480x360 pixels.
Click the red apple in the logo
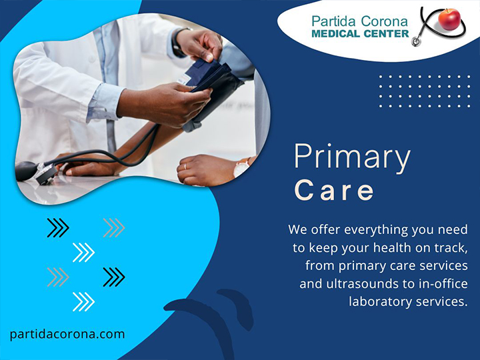pos(449,19)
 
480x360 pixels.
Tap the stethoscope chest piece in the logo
pos(416,41)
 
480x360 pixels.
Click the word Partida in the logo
pos(334,21)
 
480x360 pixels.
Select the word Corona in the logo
pos(384,21)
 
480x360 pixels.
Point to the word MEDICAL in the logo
pos(337,34)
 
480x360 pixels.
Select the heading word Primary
pos(352,158)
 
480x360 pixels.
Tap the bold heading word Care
pos(334,190)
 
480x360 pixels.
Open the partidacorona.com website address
pos(67,334)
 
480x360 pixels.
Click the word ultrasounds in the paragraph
pos(363,283)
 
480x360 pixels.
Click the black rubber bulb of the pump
pos(26,171)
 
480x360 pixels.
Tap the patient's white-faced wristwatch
pos(242,167)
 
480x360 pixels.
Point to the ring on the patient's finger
pos(185,167)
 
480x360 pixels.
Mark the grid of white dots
pos(425,91)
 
